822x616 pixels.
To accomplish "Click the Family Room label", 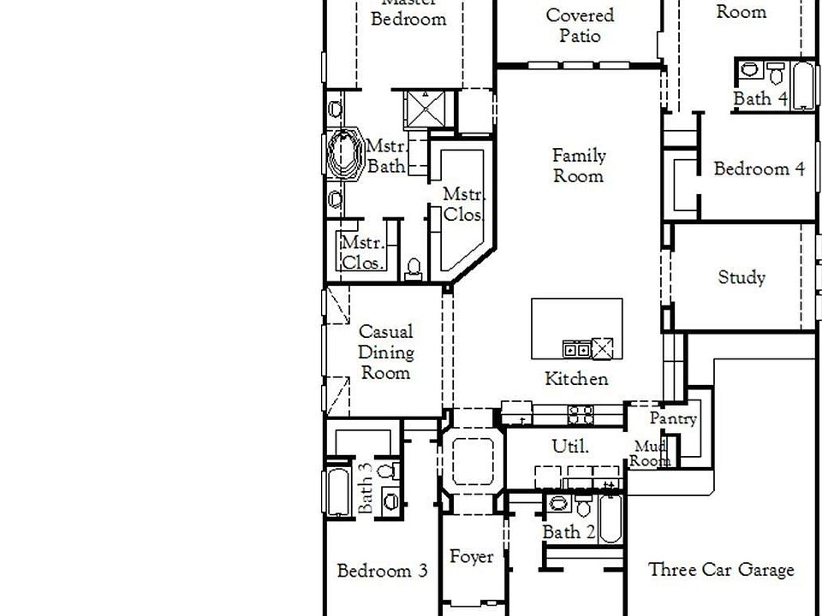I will pos(579,166).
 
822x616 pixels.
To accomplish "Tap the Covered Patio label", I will pos(580,26).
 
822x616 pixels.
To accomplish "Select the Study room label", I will pos(742,277).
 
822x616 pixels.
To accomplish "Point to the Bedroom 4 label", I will pos(759,169).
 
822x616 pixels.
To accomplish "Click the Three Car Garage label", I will pos(721,570).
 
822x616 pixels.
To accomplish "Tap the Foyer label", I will pos(472,558).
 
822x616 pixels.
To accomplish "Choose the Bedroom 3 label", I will pos(382,571).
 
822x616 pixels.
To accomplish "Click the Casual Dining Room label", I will pos(385,352).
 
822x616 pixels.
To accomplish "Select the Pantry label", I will pos(673,419).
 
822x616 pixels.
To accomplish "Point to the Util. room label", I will pos(569,446).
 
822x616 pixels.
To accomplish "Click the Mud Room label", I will pos(651,453).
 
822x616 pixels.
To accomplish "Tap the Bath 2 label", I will pos(569,532).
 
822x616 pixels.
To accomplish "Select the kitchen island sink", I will pos(575,348).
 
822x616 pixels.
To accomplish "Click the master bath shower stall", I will pos(426,108).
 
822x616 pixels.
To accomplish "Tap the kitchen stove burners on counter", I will pos(581,416).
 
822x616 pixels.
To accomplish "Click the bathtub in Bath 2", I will pos(611,518).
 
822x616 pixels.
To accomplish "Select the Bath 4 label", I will pos(760,98).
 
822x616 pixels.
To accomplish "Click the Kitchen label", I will pos(577,379).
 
